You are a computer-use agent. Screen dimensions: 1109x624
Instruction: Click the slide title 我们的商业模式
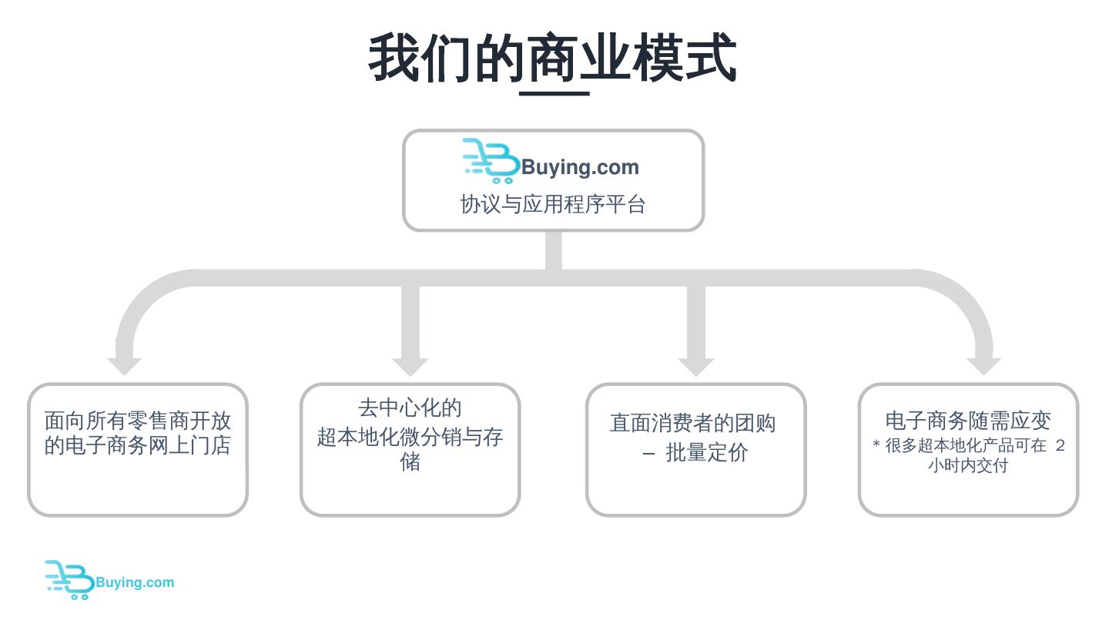(553, 58)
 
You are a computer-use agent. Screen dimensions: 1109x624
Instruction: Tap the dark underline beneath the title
(554, 93)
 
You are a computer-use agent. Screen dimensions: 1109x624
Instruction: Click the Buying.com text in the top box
(580, 167)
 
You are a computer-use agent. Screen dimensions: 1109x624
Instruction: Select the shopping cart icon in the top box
(491, 161)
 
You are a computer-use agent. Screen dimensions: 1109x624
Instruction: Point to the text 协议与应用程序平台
(553, 204)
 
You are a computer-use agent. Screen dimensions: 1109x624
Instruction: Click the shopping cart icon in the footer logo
(69, 579)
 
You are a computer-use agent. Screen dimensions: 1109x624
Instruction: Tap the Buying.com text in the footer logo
(135, 582)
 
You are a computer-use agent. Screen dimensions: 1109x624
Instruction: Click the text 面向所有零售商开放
(138, 421)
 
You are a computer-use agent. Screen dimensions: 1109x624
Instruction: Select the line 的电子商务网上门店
(138, 445)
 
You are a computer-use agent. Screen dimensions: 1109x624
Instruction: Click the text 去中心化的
(410, 408)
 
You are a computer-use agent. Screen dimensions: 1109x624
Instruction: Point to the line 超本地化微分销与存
(410, 437)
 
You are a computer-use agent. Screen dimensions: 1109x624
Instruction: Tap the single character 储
(410, 461)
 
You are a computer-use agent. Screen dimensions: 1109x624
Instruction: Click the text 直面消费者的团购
(692, 423)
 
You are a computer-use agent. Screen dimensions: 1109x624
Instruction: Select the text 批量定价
(706, 453)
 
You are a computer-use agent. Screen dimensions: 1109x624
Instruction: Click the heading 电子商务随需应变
(968, 421)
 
